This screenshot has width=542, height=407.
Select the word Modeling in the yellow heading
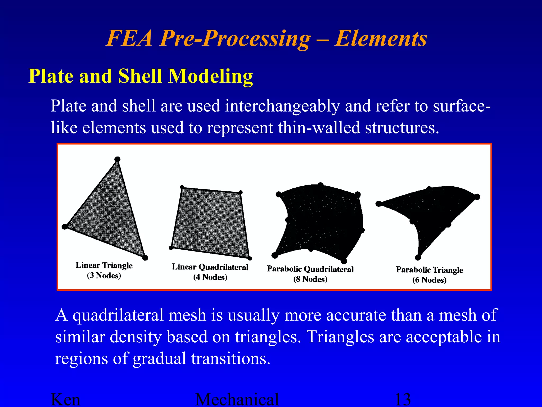point(211,77)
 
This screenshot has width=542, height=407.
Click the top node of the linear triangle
point(118,159)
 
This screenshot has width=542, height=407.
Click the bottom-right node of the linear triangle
point(145,258)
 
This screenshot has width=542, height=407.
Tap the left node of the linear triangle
point(64,227)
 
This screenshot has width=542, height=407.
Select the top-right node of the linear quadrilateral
point(240,192)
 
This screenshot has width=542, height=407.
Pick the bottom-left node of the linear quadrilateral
point(171,248)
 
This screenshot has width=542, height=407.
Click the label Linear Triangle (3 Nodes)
point(104,270)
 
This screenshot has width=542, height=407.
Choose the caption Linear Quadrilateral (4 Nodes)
point(210,272)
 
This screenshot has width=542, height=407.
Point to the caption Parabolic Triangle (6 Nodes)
point(429,275)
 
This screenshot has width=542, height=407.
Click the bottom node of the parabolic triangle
point(418,257)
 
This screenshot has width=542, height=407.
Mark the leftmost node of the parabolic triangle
point(378,203)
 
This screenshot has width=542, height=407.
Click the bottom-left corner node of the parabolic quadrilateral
point(274,255)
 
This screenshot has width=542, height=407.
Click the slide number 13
point(403,400)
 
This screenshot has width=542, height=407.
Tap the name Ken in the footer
point(65,400)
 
